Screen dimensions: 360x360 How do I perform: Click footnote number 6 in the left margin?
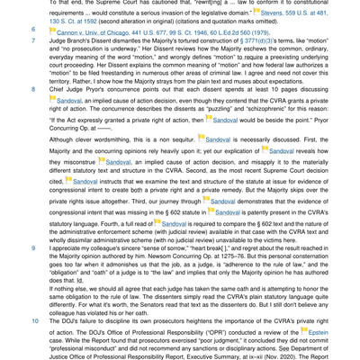[x=33, y=30]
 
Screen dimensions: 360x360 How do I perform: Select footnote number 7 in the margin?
[x=33, y=40]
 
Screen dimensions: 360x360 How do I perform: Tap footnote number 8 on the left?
[x=33, y=90]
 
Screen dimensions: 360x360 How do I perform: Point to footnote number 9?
[x=33, y=246]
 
